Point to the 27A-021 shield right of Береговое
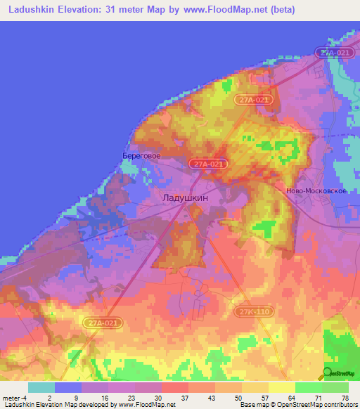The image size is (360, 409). [209, 164]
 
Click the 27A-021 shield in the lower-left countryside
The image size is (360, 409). [105, 323]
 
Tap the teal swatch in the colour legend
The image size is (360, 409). [41, 387]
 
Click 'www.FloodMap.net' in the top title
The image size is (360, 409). [217, 10]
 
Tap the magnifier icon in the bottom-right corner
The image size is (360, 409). [327, 373]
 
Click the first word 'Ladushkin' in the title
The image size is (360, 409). [27, 10]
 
